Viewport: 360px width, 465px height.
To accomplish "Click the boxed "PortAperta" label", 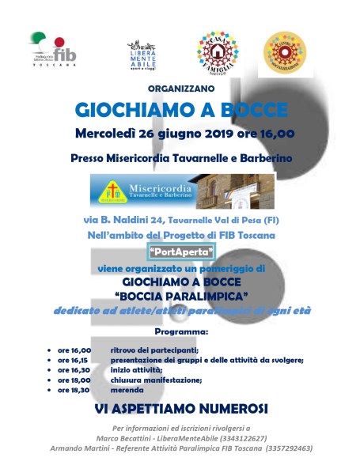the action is pos(180,252).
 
